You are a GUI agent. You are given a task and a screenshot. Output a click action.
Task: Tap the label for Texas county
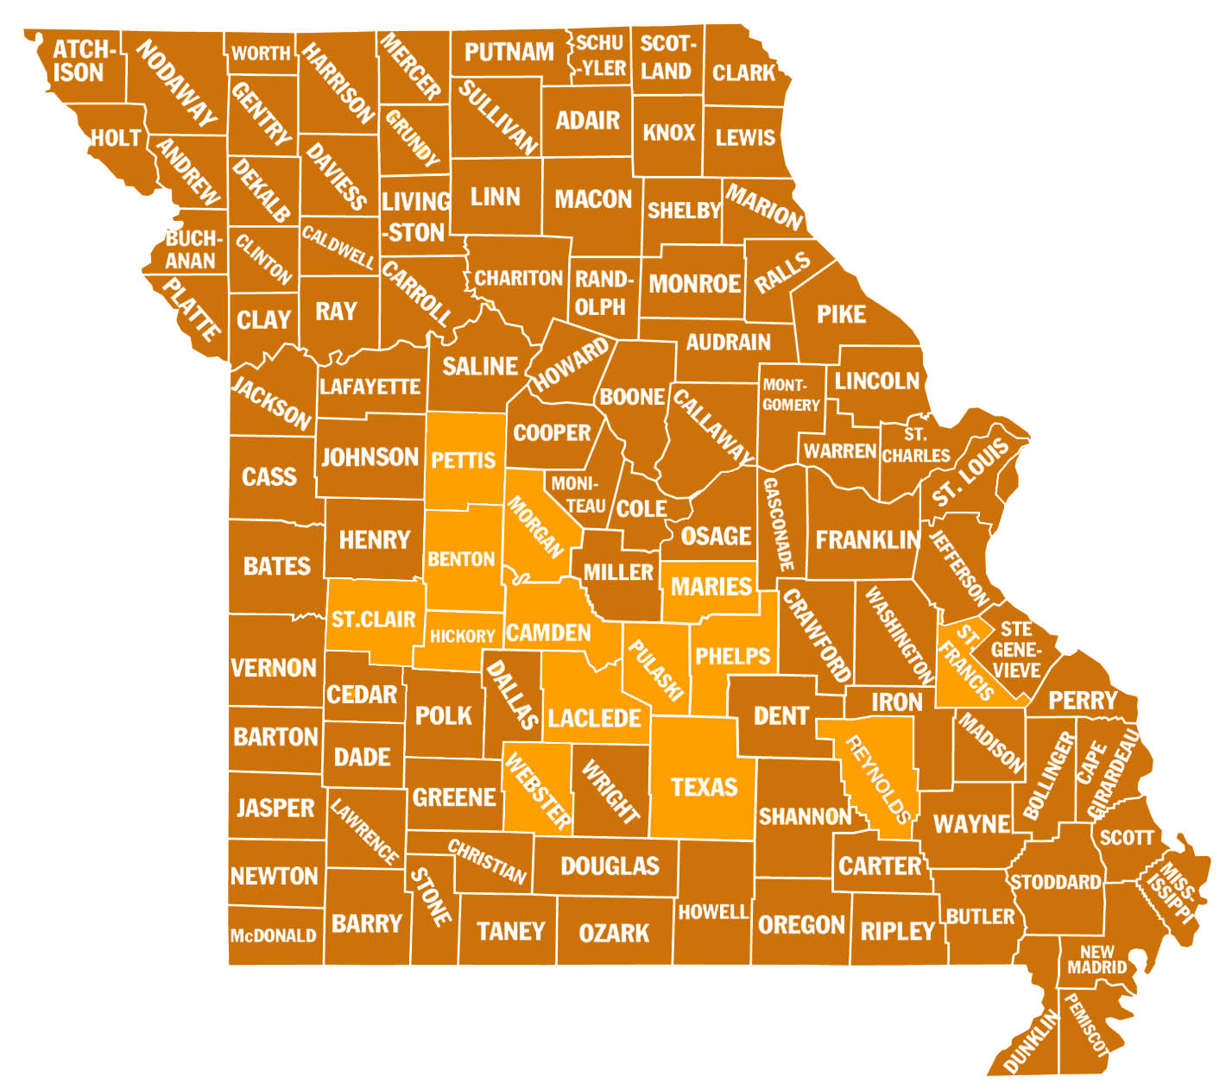pos(704,787)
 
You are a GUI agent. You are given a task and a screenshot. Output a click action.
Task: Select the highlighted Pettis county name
pos(464,460)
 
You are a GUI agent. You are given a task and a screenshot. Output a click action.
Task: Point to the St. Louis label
pos(970,472)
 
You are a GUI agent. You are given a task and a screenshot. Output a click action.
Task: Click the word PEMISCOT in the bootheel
pos(1085,1025)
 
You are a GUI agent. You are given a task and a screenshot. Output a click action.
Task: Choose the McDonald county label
pos(273,935)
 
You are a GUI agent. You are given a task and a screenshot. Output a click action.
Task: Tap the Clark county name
pos(743,72)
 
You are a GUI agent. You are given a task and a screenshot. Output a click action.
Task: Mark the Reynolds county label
pos(878,780)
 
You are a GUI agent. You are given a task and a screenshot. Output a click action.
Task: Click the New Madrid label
pos(1096,960)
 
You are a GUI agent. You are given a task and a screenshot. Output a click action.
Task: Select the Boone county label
pos(632,397)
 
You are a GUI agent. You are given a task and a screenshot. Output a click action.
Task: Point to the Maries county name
pos(711,587)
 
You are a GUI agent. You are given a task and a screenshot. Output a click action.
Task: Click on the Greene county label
pos(454,797)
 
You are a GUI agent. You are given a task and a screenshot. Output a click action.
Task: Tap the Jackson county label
pos(271,402)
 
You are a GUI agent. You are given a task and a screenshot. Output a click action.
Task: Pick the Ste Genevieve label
pos(1016,649)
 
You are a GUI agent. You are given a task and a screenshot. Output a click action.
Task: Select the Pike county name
pos(841,314)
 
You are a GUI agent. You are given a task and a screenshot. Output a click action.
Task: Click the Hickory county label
pos(462,637)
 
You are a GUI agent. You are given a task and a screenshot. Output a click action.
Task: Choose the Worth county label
pos(261,54)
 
